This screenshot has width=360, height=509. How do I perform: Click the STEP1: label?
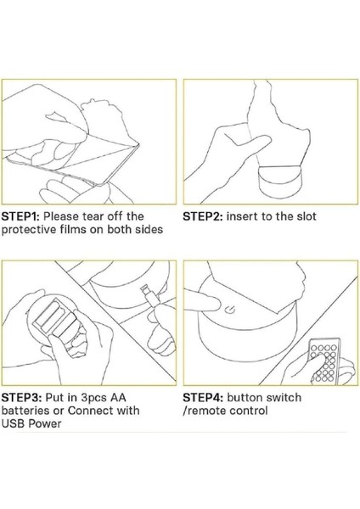20,216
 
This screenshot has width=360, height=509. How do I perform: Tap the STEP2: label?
203,216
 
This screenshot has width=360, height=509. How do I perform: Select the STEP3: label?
21,397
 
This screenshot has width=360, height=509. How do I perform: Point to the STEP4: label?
203,397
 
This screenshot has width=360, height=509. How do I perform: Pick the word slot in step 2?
306,216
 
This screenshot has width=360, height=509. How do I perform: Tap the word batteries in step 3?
25,411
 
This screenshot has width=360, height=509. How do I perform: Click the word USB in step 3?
13,423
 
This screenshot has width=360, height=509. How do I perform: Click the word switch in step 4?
284,397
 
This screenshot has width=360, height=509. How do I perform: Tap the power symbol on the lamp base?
231,310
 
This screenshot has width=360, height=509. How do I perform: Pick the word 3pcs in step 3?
93,398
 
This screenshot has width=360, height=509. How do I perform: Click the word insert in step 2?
242,216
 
